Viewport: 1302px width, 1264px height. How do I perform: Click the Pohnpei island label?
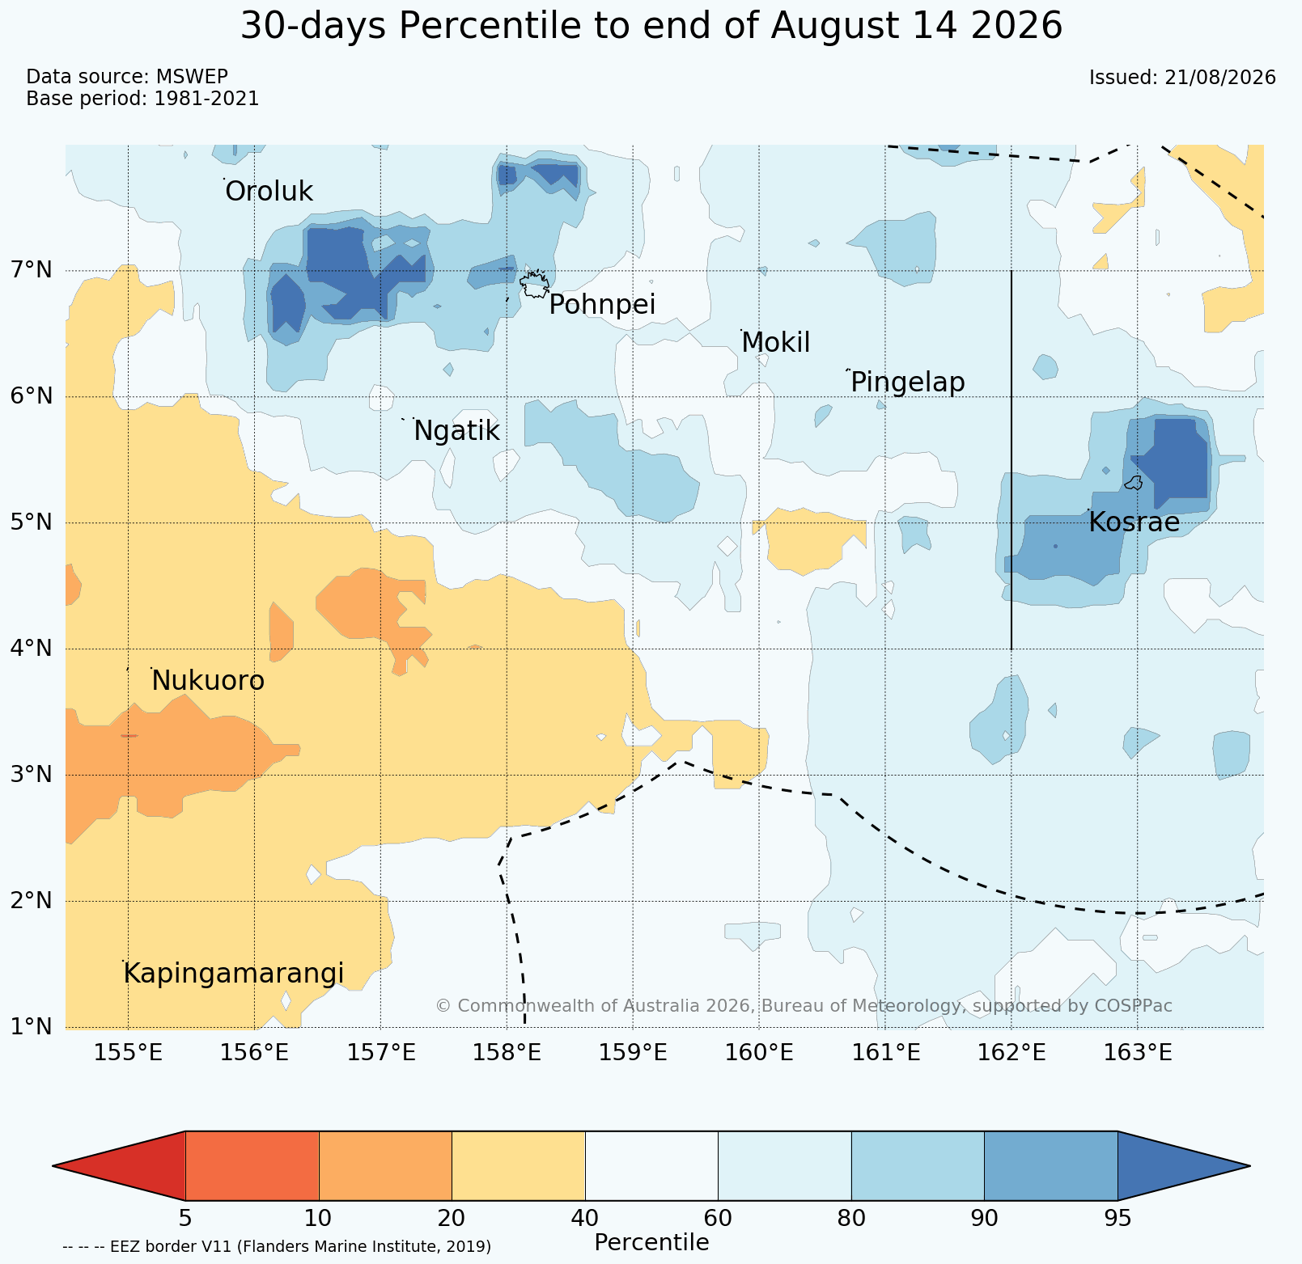(602, 305)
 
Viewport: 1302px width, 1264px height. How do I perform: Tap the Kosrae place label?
(1134, 522)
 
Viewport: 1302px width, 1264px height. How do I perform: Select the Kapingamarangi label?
(234, 974)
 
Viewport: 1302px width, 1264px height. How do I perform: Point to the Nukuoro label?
(208, 681)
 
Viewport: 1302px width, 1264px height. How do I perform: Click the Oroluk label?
(269, 192)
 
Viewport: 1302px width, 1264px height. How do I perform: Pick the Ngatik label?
(456, 431)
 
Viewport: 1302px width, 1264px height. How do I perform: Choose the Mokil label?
(775, 343)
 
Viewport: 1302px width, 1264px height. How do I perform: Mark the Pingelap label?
(908, 382)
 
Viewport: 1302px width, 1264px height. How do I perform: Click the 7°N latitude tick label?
(32, 269)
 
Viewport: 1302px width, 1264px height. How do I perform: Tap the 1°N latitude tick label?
(32, 1027)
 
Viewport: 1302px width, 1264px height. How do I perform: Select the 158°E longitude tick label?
(507, 1052)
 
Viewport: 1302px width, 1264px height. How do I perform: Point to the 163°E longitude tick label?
(1138, 1052)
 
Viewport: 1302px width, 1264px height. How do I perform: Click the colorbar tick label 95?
(1118, 1218)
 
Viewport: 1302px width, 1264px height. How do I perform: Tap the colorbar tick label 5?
(185, 1218)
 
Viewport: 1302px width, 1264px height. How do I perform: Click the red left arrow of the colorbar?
(119, 1165)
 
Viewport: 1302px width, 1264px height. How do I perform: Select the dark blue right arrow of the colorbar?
(1184, 1165)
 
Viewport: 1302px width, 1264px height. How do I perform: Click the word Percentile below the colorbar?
(651, 1242)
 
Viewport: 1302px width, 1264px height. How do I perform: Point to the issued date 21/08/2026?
(1220, 78)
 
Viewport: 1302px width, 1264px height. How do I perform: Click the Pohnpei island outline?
(534, 285)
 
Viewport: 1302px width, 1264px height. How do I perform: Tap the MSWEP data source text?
(192, 77)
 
